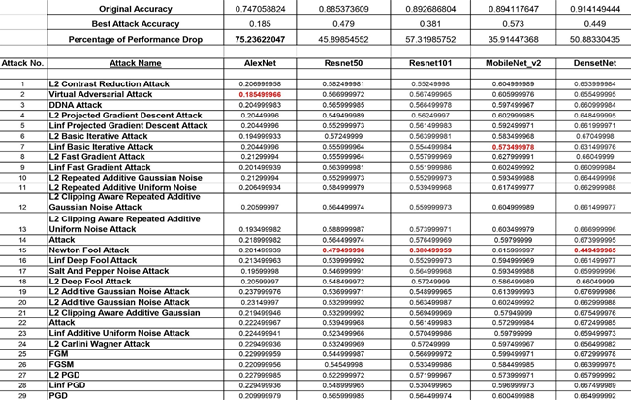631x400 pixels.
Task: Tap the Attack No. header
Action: coord(22,62)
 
